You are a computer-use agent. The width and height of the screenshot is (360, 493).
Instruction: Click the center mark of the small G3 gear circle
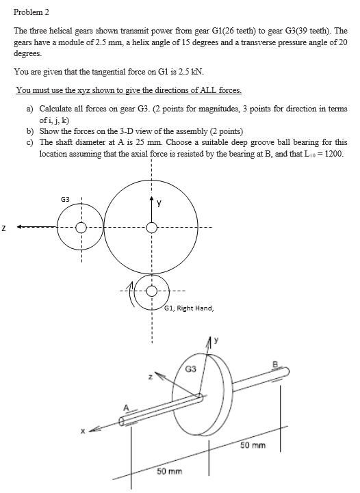81,227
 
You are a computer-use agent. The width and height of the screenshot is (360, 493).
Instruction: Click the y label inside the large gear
159,202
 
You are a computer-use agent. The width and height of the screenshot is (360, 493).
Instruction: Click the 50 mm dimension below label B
253,445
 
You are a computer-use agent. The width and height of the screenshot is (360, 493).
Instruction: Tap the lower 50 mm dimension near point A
170,472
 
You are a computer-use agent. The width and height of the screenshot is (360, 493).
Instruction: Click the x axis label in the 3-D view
83,431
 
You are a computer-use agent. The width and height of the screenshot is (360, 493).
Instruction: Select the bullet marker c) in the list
31,143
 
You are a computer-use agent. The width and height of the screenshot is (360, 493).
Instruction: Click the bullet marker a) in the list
31,109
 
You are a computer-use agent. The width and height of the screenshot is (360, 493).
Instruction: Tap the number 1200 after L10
331,153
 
